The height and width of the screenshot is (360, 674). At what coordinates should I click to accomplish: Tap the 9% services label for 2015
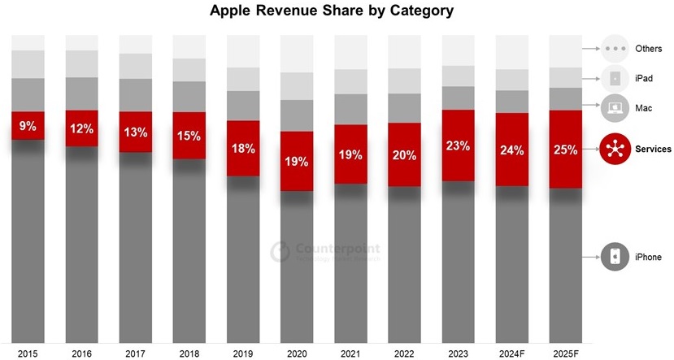[28, 127]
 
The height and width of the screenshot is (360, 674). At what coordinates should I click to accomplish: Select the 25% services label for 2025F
[566, 150]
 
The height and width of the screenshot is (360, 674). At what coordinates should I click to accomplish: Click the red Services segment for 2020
[297, 173]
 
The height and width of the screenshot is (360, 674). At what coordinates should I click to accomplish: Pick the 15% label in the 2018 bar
[189, 135]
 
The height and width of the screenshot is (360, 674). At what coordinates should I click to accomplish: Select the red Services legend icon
[615, 149]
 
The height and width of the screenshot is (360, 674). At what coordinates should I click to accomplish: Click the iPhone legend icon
[615, 258]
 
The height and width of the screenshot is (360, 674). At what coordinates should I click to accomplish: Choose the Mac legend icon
[615, 107]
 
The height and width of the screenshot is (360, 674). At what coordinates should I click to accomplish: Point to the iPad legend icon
[615, 78]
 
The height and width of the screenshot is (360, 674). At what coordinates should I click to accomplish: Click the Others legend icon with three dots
[615, 49]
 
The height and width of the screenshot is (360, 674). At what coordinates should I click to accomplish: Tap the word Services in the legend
[653, 149]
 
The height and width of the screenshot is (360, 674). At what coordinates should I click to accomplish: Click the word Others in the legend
[649, 49]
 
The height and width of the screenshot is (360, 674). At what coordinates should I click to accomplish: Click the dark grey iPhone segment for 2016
[81, 244]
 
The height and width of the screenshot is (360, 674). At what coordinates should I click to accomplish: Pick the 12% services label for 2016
[81, 128]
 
